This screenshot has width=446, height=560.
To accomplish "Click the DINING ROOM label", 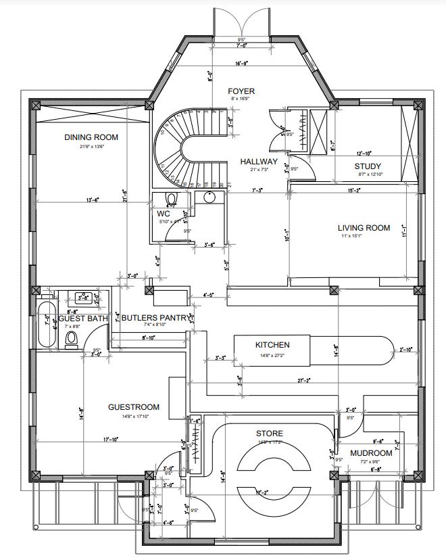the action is point(91,137).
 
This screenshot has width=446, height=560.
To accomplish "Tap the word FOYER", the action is point(241,91).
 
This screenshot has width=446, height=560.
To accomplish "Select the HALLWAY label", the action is point(259,162).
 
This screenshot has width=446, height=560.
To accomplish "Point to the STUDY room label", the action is point(368,166).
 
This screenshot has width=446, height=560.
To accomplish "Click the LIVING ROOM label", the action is point(364,228).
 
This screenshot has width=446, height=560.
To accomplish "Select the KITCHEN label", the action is point(272,345).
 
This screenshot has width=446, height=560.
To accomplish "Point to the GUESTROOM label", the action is point(134,407).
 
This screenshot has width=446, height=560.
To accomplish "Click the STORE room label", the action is point(269,434).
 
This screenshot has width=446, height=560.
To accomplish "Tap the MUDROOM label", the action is point(371,453).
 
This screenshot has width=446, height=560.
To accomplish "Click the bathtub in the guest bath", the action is point(47,325).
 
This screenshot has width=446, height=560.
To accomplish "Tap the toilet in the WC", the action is point(170,198).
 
